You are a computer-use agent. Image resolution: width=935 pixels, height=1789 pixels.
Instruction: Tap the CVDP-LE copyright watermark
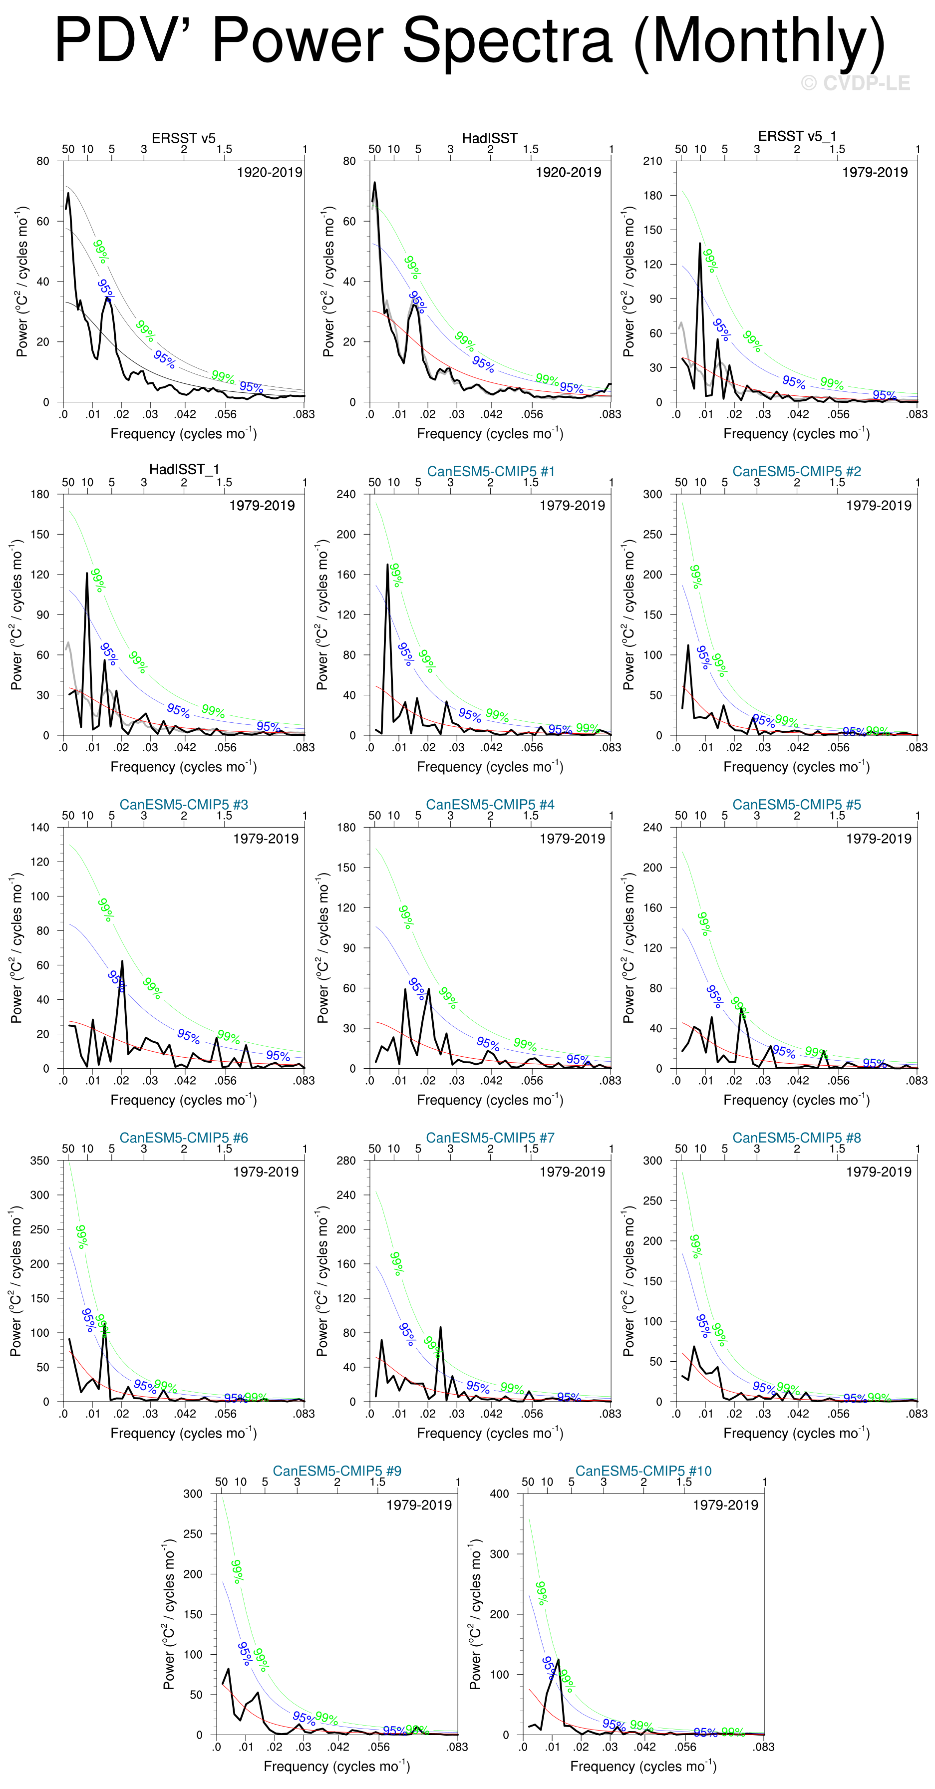point(855,83)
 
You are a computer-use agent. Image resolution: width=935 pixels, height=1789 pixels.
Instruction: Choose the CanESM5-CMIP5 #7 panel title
point(490,1138)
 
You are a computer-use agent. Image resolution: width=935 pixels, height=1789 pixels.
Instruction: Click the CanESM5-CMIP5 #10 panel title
point(643,1471)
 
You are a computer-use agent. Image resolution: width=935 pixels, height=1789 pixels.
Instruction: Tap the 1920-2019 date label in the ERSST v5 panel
point(270,172)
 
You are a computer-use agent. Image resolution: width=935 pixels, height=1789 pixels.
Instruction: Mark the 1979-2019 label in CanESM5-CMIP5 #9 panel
point(419,1505)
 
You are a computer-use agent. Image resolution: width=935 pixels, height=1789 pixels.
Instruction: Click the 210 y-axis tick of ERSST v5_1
point(652,161)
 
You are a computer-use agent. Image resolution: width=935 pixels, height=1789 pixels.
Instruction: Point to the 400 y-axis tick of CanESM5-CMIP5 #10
point(500,1494)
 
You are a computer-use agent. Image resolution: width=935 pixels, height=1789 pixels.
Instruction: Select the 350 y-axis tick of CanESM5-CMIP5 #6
point(39,1161)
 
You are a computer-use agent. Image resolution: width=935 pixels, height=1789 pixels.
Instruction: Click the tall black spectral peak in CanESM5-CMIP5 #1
point(387,565)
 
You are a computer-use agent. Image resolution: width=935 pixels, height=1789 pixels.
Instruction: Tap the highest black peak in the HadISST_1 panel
point(87,574)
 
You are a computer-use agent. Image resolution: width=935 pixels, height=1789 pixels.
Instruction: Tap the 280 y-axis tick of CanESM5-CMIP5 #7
point(346,1161)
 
